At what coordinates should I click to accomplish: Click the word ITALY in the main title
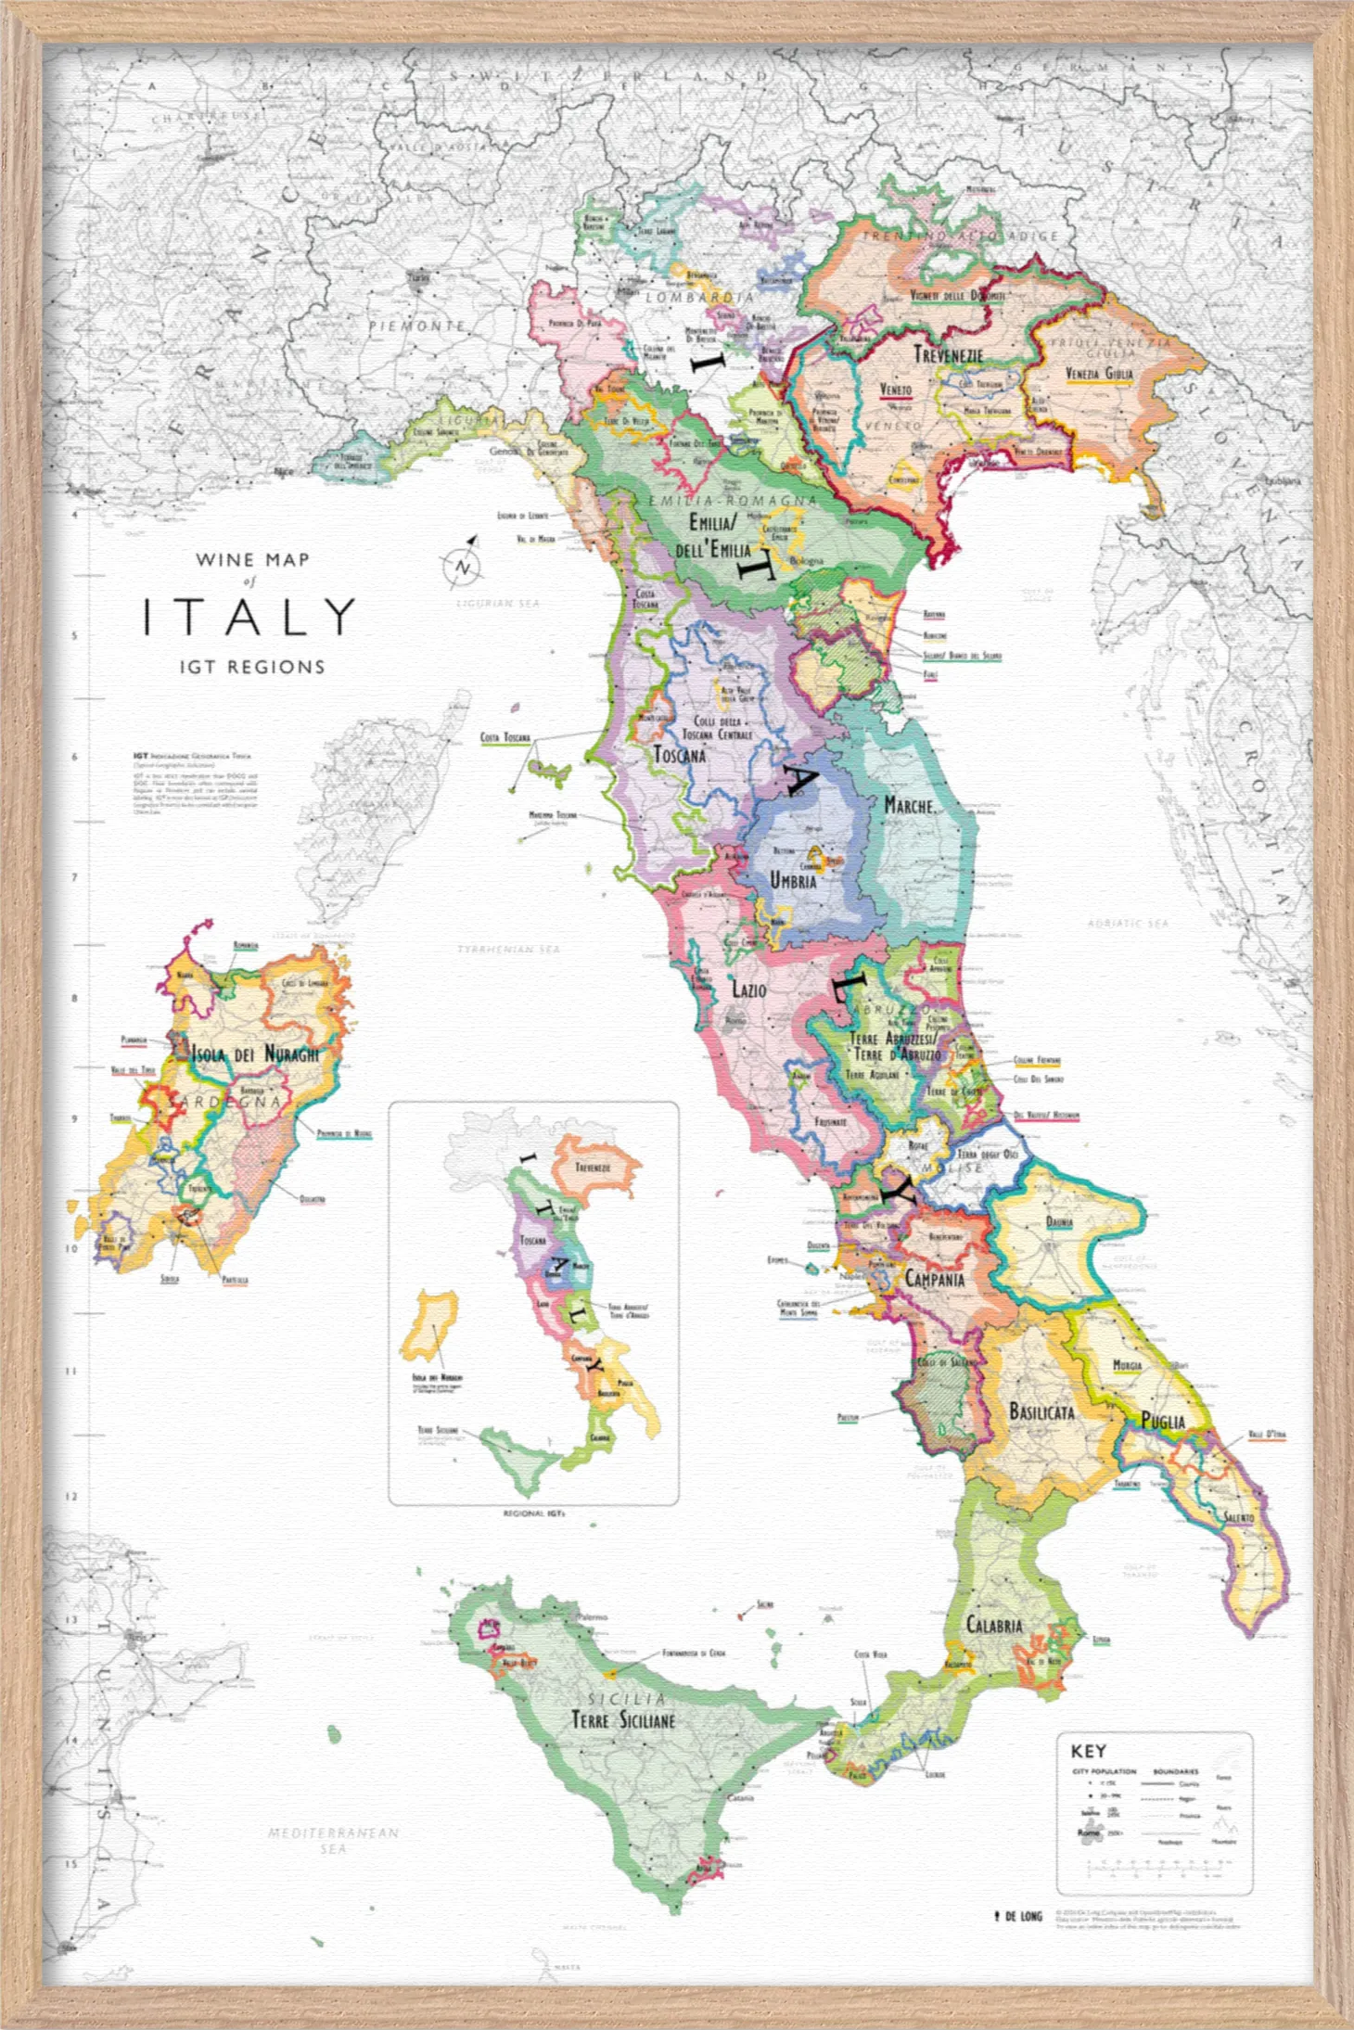(249, 617)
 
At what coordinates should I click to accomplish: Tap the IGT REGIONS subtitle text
(252, 667)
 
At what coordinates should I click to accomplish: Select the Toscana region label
(680, 755)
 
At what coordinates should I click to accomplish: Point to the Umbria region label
(793, 879)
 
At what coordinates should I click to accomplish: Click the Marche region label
(908, 805)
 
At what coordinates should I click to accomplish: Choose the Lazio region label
(749, 989)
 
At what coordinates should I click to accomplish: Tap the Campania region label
(934, 1279)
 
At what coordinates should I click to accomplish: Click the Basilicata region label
(1041, 1412)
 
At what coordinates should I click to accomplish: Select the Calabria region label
(994, 1625)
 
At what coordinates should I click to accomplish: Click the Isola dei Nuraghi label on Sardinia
(255, 1054)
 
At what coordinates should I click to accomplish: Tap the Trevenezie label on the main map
(948, 355)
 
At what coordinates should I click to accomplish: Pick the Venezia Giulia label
(1099, 374)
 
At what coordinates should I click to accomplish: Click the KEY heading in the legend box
(1088, 1751)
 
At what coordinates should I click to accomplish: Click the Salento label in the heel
(1238, 1517)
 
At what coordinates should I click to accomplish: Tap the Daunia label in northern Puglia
(1059, 1221)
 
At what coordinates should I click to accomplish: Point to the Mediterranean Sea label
(333, 1840)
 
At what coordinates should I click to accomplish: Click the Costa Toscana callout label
(505, 737)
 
